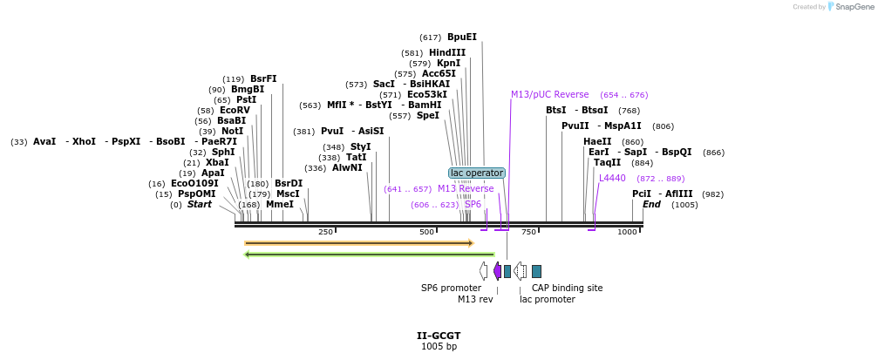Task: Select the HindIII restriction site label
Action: pyautogui.click(x=446, y=53)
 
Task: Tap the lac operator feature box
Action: pyautogui.click(x=477, y=173)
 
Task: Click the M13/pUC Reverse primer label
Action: pyautogui.click(x=549, y=95)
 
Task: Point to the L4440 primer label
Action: pyautogui.click(x=612, y=179)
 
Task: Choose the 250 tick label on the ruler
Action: pyautogui.click(x=325, y=232)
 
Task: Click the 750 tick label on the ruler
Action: pyautogui.click(x=528, y=232)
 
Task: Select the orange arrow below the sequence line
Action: pyautogui.click(x=358, y=243)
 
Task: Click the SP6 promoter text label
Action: pyautogui.click(x=451, y=288)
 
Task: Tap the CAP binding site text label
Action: pyautogui.click(x=567, y=288)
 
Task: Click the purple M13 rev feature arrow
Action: pyautogui.click(x=497, y=271)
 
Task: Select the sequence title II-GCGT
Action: pyautogui.click(x=439, y=336)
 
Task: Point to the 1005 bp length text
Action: pyautogui.click(x=439, y=347)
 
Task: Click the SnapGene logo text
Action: pyautogui.click(x=854, y=7)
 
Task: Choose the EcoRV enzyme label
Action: pyautogui.click(x=235, y=111)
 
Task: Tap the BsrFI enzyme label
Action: pyautogui.click(x=263, y=79)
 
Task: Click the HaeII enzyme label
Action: pyautogui.click(x=597, y=142)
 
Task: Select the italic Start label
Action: pyautogui.click(x=200, y=205)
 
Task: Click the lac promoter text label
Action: pyautogui.click(x=547, y=299)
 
